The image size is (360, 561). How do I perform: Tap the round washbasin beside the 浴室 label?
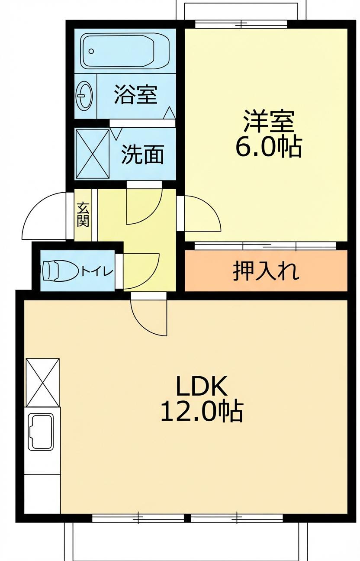84,95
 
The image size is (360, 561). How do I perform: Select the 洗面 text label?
142,154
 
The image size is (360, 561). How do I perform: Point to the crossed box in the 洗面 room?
93,153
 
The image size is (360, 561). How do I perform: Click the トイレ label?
97,272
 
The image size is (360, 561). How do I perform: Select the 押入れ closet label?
266,271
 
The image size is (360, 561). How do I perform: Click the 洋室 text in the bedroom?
269,122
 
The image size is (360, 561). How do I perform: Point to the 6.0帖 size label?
268,148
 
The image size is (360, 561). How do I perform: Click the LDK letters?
202,387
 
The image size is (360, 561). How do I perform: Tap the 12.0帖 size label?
202,411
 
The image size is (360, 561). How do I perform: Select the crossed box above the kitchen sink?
42,382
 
